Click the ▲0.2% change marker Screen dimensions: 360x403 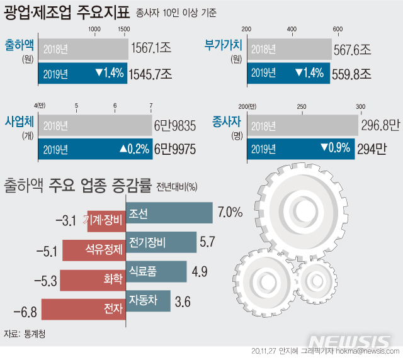(133, 149)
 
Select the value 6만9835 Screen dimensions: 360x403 (173, 125)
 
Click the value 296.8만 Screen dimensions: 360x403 (381, 125)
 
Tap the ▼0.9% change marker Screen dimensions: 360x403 (334, 149)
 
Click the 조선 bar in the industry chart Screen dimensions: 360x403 (169, 214)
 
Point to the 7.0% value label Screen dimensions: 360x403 (230, 213)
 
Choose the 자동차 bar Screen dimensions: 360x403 (149, 300)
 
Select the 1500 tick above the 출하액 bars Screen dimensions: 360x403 (123, 30)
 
